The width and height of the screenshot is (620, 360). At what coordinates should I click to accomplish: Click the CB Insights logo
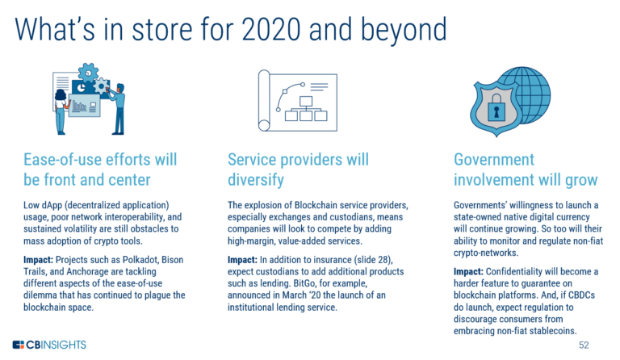point(49,345)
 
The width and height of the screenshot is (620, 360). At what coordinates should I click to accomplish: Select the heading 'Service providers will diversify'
point(298,169)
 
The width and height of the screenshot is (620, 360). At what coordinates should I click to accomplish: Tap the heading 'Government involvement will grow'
point(525,169)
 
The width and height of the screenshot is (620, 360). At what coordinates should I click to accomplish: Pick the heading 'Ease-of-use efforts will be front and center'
point(95,169)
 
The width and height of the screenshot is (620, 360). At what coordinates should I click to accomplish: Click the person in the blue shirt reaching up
point(119,105)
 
